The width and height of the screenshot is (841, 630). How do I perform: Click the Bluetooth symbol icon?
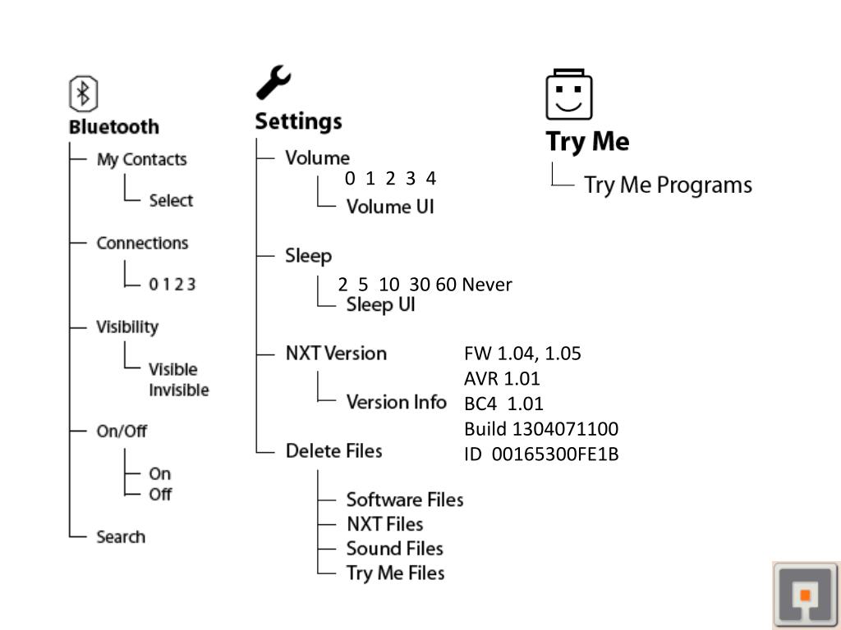point(83,94)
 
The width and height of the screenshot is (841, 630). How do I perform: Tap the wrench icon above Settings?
point(273,83)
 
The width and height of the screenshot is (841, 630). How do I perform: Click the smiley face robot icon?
point(569,95)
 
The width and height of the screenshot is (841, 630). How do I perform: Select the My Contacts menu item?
point(141,159)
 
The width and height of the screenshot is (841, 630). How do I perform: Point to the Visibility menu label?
point(127,326)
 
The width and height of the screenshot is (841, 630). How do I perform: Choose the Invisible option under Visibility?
point(178,390)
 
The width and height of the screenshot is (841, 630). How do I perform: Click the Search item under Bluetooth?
point(121,536)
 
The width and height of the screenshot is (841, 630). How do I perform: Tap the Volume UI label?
point(390,206)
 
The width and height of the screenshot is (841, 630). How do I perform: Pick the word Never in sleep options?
point(486,285)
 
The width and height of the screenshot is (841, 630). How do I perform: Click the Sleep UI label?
point(380,305)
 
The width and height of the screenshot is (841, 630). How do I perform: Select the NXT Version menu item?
point(336,354)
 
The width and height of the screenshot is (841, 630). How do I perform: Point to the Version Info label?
point(396,402)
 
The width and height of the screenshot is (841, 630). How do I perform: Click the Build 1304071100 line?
point(540,428)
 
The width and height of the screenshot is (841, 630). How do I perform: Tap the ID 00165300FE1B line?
point(540,453)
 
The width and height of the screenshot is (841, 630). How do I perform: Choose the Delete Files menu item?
point(333,450)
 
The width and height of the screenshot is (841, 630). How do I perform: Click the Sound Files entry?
point(394,548)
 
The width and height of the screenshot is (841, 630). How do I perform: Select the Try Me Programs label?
point(668,185)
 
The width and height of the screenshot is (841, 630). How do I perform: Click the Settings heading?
point(298,121)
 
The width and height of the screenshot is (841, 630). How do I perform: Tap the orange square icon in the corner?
point(806,595)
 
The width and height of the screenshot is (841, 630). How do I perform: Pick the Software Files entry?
point(404,499)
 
